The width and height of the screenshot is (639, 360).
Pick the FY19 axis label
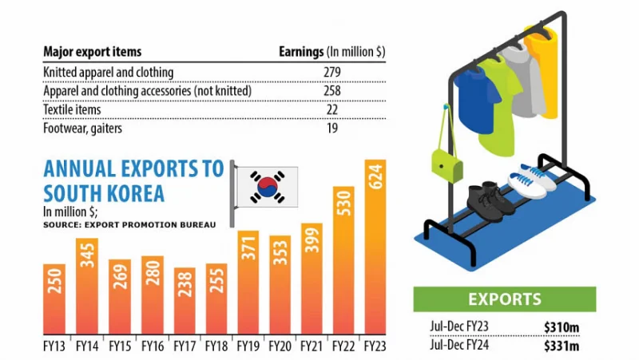[248, 348]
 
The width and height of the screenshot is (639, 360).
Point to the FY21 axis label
[312, 348]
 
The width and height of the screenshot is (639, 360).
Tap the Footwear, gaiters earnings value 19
[332, 128]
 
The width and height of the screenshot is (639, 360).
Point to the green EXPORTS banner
[504, 299]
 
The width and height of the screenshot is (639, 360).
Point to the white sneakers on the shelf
[531, 180]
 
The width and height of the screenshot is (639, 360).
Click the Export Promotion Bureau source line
[129, 226]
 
